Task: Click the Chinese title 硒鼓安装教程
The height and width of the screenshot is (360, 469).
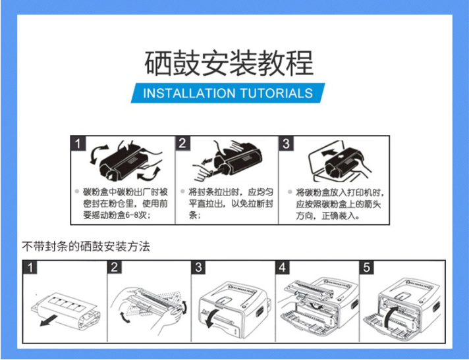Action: point(229,63)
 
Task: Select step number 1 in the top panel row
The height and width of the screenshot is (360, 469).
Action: point(78,143)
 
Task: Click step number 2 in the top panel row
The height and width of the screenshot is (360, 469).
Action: point(182,143)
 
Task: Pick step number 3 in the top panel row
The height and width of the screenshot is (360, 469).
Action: point(287,143)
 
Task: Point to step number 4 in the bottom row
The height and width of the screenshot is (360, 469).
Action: point(283,267)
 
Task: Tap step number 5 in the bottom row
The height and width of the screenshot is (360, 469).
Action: point(367,267)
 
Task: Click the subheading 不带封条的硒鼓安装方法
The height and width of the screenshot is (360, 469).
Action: point(86,247)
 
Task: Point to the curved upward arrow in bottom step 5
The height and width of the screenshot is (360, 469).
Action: point(389,317)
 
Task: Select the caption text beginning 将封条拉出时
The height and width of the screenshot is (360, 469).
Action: point(231,203)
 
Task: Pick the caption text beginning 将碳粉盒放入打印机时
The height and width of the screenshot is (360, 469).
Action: point(340,204)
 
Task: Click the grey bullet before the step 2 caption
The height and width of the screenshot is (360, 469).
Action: point(182,192)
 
